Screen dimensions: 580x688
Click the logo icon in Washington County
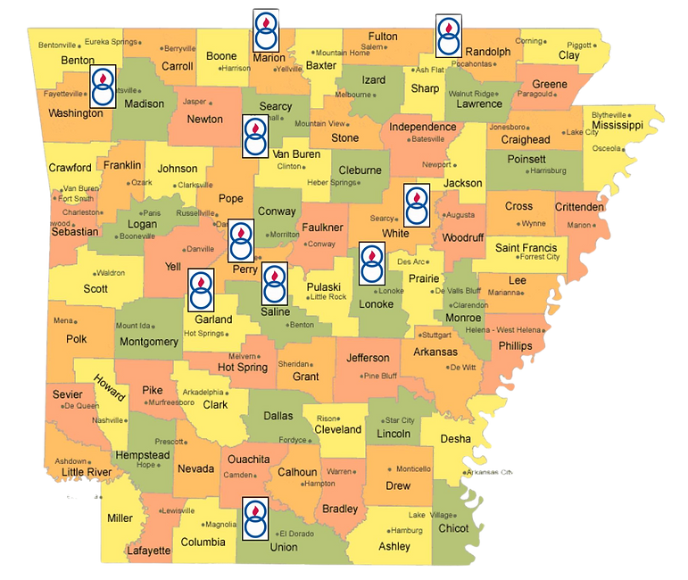click(x=104, y=87)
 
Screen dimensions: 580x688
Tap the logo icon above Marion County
click(x=265, y=31)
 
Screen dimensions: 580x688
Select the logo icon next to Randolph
click(x=448, y=37)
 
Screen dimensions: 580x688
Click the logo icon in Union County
click(x=256, y=518)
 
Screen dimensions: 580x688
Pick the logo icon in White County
click(x=417, y=207)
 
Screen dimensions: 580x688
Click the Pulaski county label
click(x=325, y=286)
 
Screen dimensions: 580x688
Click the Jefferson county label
click(x=369, y=358)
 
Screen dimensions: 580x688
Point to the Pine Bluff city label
click(x=382, y=376)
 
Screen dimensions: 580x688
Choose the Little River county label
click(x=87, y=472)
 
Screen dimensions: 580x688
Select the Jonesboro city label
click(x=508, y=128)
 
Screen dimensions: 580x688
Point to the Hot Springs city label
click(x=203, y=334)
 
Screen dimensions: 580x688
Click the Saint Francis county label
click(x=526, y=247)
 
